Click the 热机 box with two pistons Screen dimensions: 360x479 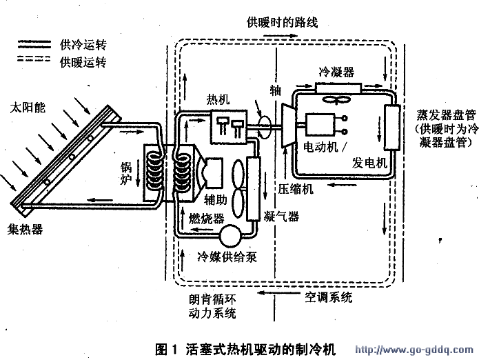tap(230, 126)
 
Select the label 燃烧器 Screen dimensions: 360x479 tap(207, 217)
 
